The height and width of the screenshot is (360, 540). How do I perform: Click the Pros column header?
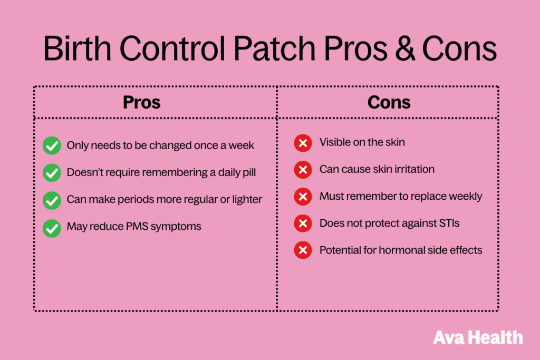141,102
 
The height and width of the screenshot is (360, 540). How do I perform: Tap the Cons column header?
389,102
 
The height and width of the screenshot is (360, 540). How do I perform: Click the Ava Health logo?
478,337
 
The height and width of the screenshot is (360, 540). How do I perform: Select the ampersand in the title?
405,48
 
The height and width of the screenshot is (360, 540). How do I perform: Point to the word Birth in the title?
78,48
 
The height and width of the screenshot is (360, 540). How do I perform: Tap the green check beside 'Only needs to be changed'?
52,145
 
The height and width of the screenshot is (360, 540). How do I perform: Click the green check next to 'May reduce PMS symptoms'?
52,228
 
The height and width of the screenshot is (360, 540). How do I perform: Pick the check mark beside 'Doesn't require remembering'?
52,173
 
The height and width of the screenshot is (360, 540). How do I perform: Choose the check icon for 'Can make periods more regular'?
52,201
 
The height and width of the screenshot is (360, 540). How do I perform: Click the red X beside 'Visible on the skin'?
303,143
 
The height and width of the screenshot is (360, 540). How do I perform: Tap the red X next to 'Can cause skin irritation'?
303,170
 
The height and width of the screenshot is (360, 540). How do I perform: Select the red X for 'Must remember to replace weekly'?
303,197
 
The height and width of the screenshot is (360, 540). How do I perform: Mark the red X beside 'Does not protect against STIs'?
303,223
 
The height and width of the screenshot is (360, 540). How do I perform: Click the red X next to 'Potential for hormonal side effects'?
303,250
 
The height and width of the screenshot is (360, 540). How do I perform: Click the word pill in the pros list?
248,172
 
